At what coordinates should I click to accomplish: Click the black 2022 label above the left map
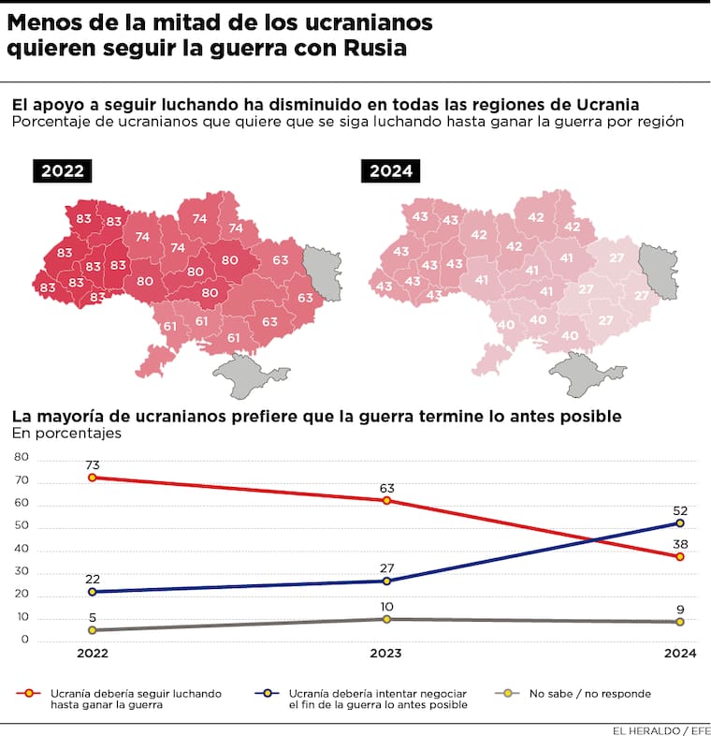pos(64,170)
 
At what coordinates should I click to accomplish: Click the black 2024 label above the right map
pos(392,170)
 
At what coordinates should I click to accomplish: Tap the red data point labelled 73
pos(92,478)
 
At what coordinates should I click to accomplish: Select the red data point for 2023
pos(386,500)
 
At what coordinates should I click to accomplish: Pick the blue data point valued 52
pos(680,523)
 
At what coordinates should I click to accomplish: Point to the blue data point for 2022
pos(92,592)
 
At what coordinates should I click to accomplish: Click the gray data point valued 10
pos(386,619)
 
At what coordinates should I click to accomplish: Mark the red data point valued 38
pos(680,556)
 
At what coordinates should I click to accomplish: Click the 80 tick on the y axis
pos(21,458)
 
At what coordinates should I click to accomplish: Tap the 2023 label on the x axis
pos(386,654)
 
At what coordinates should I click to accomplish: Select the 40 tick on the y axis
pos(21,550)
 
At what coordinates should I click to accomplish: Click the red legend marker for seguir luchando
pos(29,694)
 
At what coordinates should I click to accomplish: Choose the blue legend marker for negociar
pos(268,694)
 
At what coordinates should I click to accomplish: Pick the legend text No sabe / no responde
pos(589,694)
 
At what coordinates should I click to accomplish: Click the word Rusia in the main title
pos(373,50)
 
